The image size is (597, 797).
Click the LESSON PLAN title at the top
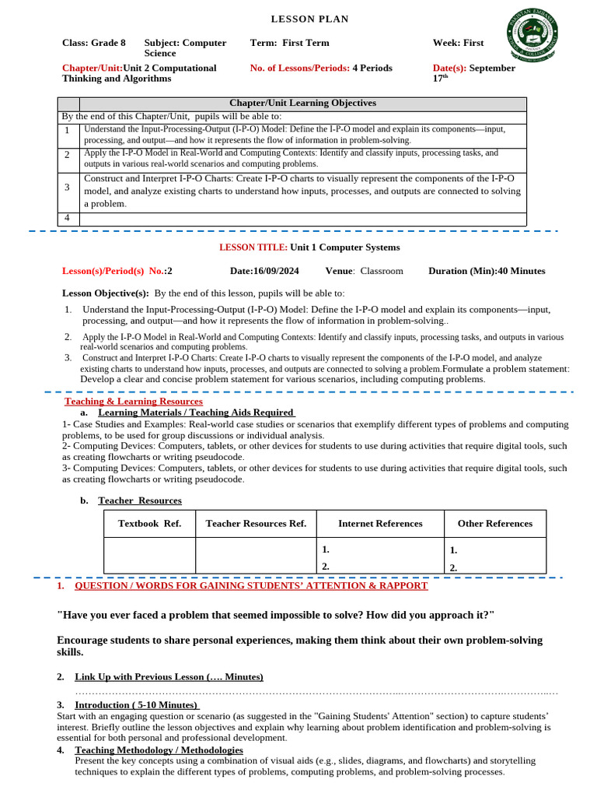309,19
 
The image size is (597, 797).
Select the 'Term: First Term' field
289,43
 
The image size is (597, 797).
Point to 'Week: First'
458,43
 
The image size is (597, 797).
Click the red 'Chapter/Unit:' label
92,68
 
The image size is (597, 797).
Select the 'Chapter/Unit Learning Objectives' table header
302,103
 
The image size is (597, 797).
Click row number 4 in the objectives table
68,217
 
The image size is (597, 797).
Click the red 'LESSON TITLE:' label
253,248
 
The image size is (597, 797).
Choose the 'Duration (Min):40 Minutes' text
487,271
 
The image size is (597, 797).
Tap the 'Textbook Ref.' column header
149,523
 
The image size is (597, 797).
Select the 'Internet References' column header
380,523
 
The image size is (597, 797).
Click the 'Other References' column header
494,523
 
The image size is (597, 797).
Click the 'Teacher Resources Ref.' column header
256,523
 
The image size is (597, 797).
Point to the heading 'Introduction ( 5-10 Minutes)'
136,704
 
